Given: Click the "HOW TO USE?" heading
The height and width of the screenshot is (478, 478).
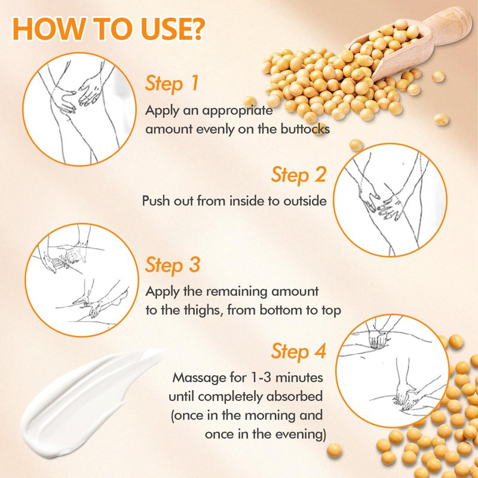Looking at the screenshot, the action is point(108,29).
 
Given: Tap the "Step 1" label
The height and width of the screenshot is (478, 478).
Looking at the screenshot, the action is point(171,84).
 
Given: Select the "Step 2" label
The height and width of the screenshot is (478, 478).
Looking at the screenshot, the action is point(299,175).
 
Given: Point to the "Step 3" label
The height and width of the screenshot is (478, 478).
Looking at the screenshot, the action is point(173,265).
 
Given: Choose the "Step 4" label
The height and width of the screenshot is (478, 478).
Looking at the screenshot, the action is point(299,351).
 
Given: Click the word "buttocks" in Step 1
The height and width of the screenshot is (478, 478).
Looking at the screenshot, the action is point(305,129).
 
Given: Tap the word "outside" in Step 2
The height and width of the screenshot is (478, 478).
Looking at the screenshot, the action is point(305,201).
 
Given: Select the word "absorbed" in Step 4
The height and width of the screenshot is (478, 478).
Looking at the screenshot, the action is point(295,397).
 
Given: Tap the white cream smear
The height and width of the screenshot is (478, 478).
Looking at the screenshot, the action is point(88,402).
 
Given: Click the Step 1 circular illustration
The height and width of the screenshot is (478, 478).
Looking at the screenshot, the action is point(79,109).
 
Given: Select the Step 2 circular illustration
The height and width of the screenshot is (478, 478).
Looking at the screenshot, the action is point(390,200).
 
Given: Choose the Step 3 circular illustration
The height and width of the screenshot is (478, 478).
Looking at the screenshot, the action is point(81,280).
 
